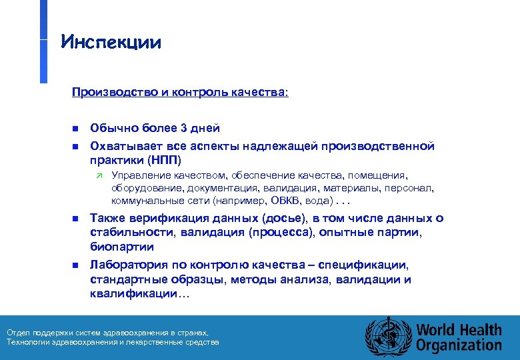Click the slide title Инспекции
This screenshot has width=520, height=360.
(x=111, y=43)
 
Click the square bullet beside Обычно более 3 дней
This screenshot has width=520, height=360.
(x=75, y=128)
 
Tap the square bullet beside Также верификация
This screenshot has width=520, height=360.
(x=75, y=219)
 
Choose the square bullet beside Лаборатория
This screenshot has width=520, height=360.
(x=75, y=265)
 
